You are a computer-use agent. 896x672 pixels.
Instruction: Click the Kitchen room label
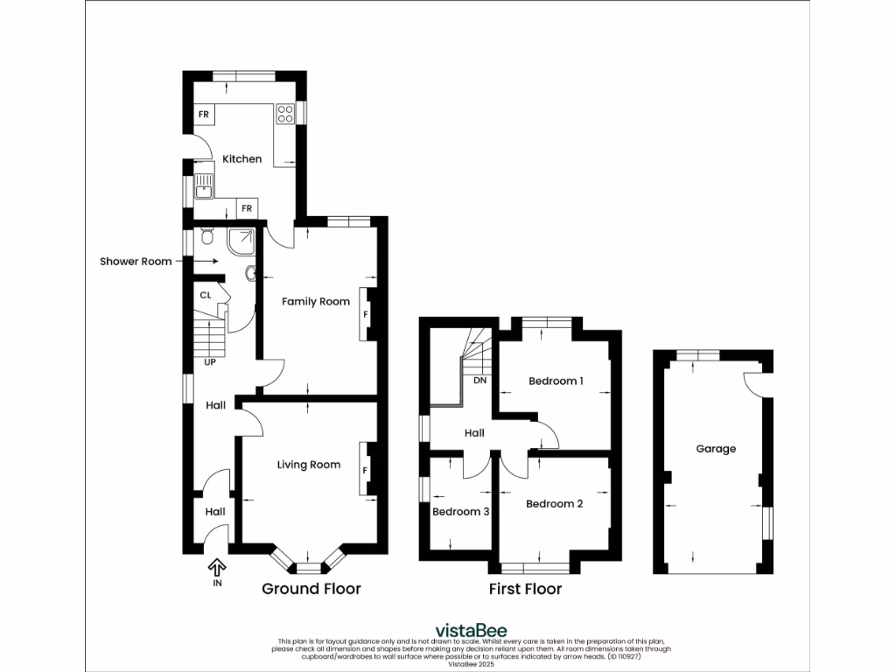[x=241, y=159]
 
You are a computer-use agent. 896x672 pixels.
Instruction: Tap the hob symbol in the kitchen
[x=285, y=114]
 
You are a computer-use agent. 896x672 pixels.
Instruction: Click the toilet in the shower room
[x=206, y=236]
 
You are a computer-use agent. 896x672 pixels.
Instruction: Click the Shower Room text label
[x=136, y=261]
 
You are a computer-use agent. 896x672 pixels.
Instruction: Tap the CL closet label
[x=206, y=296]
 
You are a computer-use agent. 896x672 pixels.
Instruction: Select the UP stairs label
[x=210, y=361]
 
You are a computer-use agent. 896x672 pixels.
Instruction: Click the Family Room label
[x=315, y=302]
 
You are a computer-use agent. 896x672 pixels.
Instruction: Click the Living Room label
[x=309, y=465]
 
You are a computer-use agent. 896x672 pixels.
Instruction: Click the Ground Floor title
[x=311, y=589]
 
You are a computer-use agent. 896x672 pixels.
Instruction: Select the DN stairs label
[x=479, y=381]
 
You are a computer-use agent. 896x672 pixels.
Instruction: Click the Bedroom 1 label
[x=556, y=381]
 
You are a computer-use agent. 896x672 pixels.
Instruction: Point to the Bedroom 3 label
[x=461, y=512]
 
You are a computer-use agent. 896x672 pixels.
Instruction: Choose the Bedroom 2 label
[x=554, y=504]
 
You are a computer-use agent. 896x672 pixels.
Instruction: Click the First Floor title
[x=525, y=589]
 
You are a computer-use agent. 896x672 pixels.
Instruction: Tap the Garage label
[x=716, y=449]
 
